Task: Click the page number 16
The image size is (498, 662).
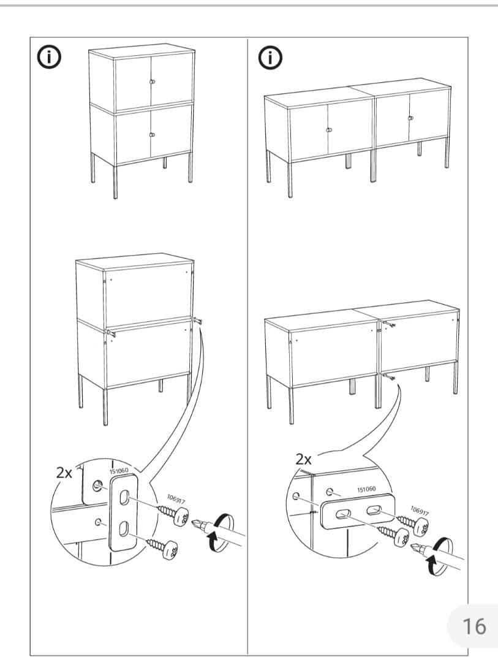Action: click(473, 626)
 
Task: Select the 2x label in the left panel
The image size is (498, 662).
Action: click(64, 473)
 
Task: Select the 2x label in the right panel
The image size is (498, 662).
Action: click(304, 458)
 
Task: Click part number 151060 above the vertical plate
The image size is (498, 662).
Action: click(119, 471)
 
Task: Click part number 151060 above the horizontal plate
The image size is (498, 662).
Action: click(366, 489)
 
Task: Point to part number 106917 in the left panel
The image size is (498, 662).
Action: click(176, 500)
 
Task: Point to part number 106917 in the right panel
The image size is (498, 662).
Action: click(419, 511)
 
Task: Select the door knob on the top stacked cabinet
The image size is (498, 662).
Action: click(152, 82)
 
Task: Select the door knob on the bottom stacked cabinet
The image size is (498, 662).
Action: click(152, 134)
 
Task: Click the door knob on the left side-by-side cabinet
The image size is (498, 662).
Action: click(328, 130)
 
